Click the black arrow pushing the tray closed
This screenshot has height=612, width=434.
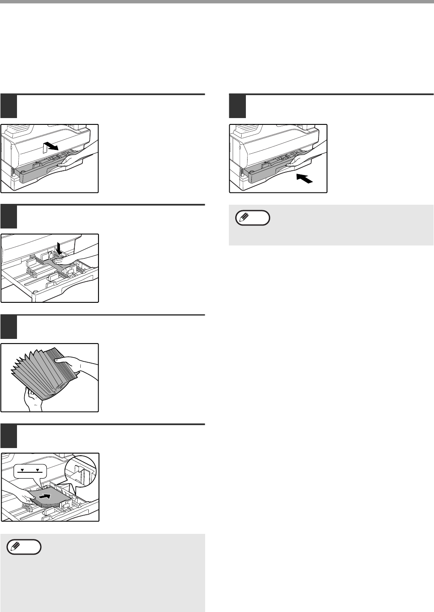click(x=305, y=178)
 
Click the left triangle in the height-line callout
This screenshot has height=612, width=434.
click(x=23, y=470)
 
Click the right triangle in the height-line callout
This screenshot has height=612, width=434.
click(x=38, y=470)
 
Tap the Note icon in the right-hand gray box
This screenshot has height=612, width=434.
click(x=252, y=218)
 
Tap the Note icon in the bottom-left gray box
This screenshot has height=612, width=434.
click(x=24, y=547)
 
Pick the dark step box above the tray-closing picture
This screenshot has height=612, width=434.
click(x=237, y=106)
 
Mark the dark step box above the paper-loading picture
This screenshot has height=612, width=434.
click(x=8, y=436)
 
